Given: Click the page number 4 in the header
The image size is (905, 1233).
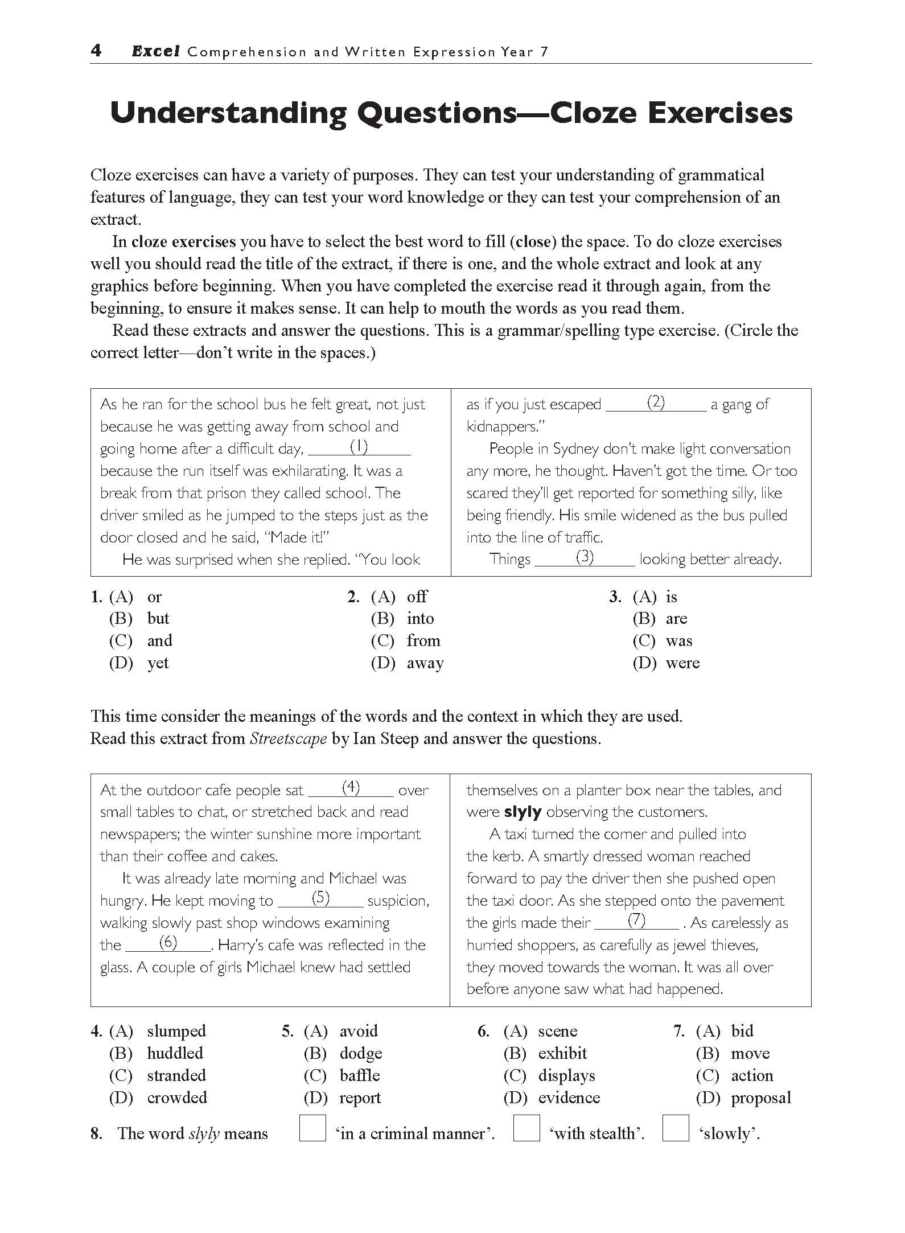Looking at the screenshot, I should (x=96, y=51).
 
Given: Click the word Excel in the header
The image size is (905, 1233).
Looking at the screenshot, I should (x=155, y=52).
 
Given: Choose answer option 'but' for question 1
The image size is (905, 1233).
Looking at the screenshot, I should (x=158, y=619).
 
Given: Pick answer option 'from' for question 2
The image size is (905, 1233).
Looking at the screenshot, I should (x=423, y=641).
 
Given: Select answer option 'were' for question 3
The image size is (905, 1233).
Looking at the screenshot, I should (x=682, y=663).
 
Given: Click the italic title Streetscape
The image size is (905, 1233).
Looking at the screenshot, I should (x=288, y=739).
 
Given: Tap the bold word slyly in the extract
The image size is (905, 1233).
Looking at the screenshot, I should (x=523, y=812).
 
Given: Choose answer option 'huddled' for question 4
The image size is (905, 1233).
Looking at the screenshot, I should (x=175, y=1054).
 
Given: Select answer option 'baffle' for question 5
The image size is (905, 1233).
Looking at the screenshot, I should (x=360, y=1076).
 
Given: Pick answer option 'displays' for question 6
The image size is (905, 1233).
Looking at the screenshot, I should (x=566, y=1076).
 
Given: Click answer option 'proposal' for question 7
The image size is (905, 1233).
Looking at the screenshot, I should (x=761, y=1098).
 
